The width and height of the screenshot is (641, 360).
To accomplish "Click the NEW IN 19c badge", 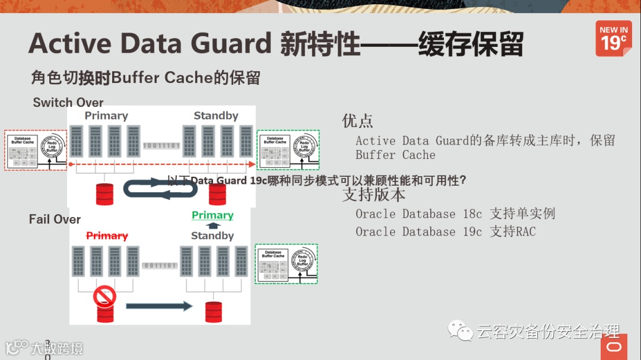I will [x=613, y=39].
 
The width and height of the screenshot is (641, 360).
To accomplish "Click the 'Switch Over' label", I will [x=68, y=103].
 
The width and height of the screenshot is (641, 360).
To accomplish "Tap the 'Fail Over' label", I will [x=55, y=219].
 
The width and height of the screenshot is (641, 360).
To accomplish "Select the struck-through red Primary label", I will [x=107, y=235].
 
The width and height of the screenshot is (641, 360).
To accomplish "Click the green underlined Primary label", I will [x=212, y=215].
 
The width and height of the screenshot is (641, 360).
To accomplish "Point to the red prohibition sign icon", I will [x=104, y=295].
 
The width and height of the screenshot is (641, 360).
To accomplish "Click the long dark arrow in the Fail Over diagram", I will [x=159, y=306].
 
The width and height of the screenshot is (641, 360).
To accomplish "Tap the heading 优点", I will [x=357, y=121].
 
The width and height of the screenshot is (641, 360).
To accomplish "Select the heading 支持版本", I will [x=374, y=194].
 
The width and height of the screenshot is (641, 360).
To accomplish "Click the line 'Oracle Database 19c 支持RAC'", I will [x=445, y=231].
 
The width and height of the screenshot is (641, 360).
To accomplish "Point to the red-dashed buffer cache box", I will [x=35, y=150].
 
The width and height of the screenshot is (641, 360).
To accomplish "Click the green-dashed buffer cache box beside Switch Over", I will [x=288, y=150].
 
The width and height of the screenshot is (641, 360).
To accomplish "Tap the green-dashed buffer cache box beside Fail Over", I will [x=286, y=263].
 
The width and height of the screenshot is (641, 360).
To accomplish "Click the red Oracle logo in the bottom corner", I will [x=613, y=347].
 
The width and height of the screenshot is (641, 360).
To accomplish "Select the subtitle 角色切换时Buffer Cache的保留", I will [x=146, y=78].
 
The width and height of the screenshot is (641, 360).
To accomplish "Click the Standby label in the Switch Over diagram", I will [x=216, y=116].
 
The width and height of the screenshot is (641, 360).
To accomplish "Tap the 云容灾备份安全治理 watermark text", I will [x=548, y=331].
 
